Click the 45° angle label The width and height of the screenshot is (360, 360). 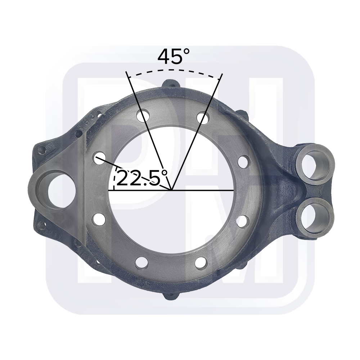click(174, 57)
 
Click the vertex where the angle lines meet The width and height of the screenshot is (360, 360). click(171, 190)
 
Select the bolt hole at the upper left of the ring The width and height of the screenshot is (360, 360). click(144, 116)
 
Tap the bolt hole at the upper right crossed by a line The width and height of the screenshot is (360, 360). click(202, 118)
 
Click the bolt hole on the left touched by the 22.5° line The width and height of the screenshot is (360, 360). click(98, 158)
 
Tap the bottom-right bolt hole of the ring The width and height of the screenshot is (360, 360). click(201, 262)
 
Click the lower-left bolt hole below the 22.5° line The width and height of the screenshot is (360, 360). click(98, 219)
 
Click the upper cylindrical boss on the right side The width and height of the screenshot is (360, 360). click(316, 164)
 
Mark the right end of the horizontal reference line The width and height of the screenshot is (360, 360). click(234, 190)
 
